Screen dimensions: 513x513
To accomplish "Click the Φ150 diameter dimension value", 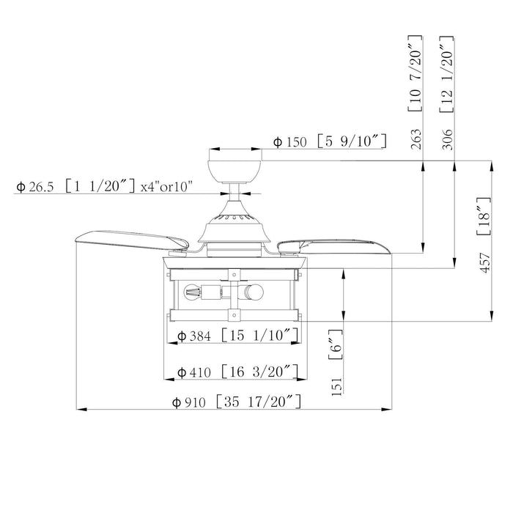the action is point(290,142).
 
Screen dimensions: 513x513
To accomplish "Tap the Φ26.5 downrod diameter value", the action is point(35,187).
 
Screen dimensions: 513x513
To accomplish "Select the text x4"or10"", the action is point(166,187).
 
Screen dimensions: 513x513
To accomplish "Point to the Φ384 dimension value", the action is point(194,336).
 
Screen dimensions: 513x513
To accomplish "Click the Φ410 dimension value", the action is point(194,372).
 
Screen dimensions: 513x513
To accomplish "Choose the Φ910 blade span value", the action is point(189,402).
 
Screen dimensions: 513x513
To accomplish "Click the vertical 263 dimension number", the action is point(416,139).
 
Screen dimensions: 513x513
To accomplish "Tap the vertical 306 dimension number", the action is point(447,139).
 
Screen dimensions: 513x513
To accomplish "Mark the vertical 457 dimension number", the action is point(485,262).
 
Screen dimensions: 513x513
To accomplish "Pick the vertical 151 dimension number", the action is point(336,387).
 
